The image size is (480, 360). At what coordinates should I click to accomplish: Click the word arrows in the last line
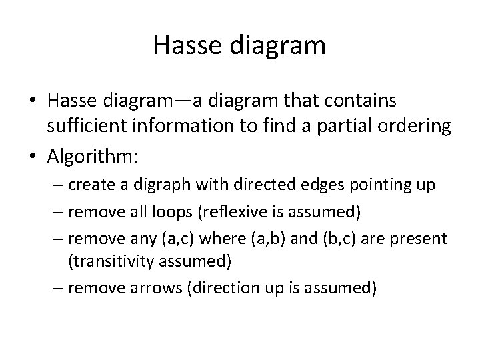tap(151, 289)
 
